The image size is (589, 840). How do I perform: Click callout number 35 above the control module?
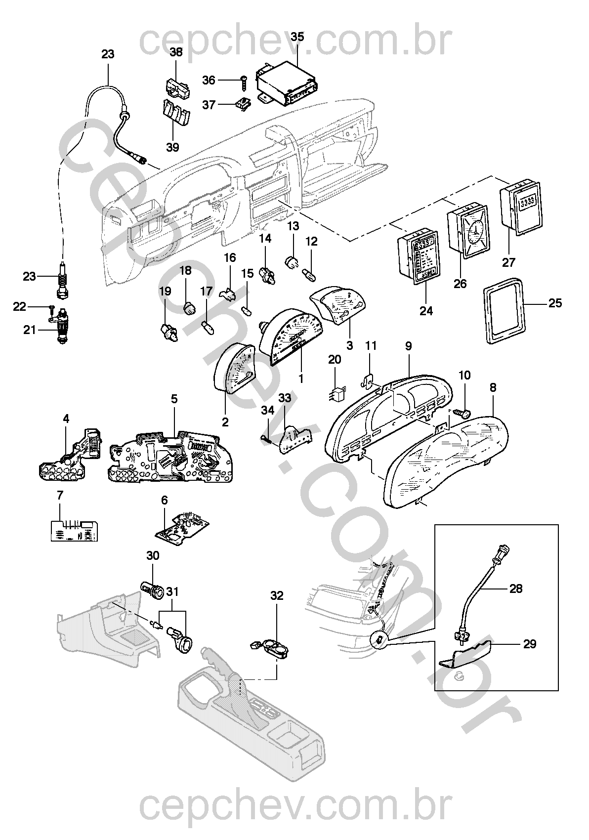[297, 37]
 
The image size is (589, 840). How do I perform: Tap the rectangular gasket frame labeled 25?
[504, 309]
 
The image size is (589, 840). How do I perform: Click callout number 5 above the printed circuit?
[174, 399]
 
